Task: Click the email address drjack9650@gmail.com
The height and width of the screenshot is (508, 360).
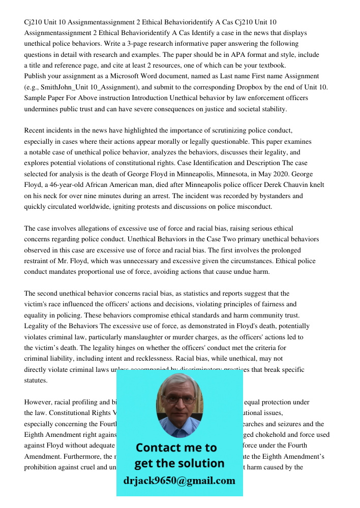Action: pos(179,480)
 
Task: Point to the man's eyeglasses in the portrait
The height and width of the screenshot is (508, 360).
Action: pos(179,400)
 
